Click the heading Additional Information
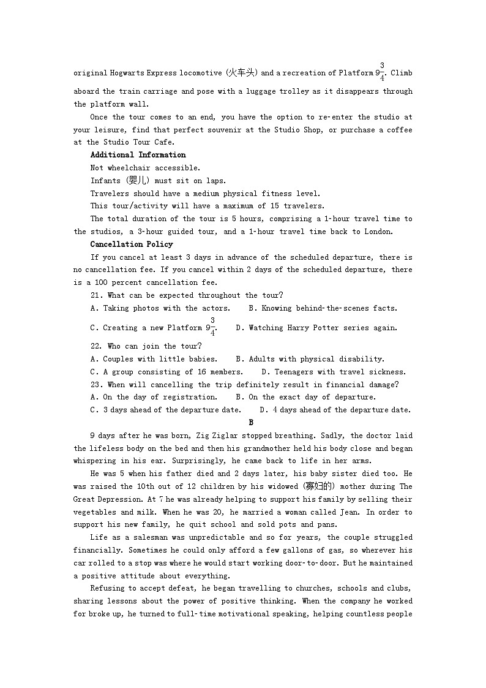tap(138, 155)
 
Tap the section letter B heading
tap(251, 423)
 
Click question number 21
tap(96, 295)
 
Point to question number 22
tap(96, 346)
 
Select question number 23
tap(96, 385)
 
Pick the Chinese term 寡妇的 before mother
tap(319, 486)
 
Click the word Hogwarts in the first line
tap(127, 73)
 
